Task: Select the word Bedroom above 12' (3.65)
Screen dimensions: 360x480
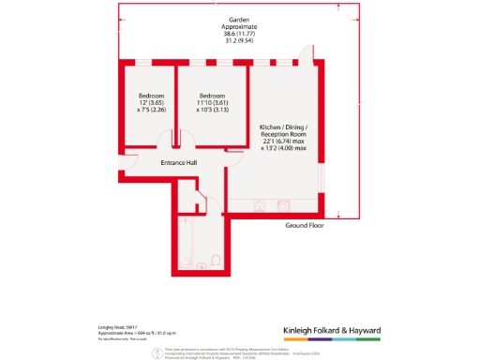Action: pyautogui.click(x=151, y=96)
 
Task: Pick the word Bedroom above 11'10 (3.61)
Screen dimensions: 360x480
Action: pyautogui.click(x=213, y=96)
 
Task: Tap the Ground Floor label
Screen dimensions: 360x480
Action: pyautogui.click(x=306, y=226)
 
